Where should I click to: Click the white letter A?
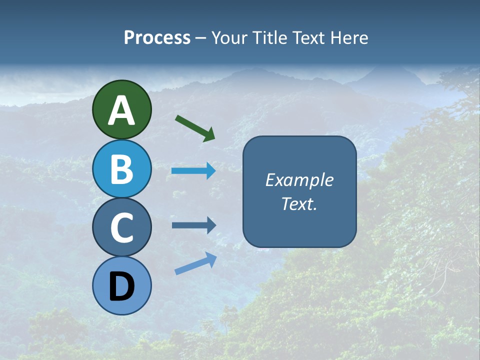pyautogui.click(x=122, y=110)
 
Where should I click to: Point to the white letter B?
pyautogui.click(x=122, y=169)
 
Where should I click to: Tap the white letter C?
pyautogui.click(x=122, y=228)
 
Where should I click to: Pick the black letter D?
pyautogui.click(x=122, y=286)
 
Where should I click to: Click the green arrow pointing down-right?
pyautogui.click(x=195, y=128)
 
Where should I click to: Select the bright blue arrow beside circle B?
pyautogui.click(x=193, y=171)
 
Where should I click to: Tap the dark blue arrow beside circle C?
pyautogui.click(x=193, y=225)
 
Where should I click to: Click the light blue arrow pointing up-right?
pyautogui.click(x=195, y=263)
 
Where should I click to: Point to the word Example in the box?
pyautogui.click(x=299, y=180)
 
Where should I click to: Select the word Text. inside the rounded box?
pyautogui.click(x=299, y=203)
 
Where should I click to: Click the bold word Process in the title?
pyautogui.click(x=157, y=37)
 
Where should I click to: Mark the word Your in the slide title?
pyautogui.click(x=229, y=37)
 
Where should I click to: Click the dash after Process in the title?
pyautogui.click(x=200, y=38)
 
